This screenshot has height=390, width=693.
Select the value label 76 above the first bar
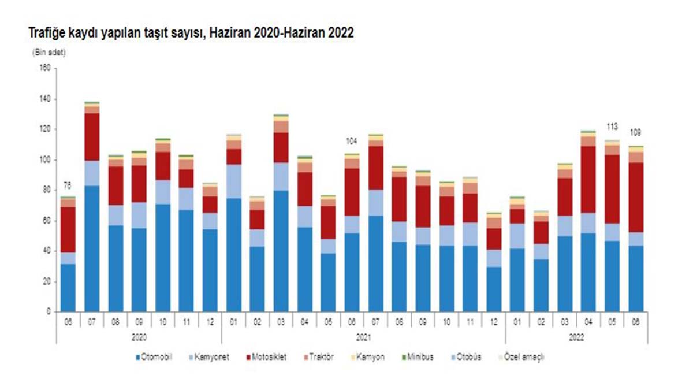point(68,186)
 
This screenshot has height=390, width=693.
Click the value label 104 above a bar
point(352,141)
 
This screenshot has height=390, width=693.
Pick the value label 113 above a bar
point(611,127)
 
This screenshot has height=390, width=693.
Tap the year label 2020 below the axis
point(139,335)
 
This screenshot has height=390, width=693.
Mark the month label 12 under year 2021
point(493,320)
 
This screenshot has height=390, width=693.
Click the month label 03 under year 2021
point(281,320)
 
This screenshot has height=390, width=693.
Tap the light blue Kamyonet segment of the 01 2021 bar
point(233,181)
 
